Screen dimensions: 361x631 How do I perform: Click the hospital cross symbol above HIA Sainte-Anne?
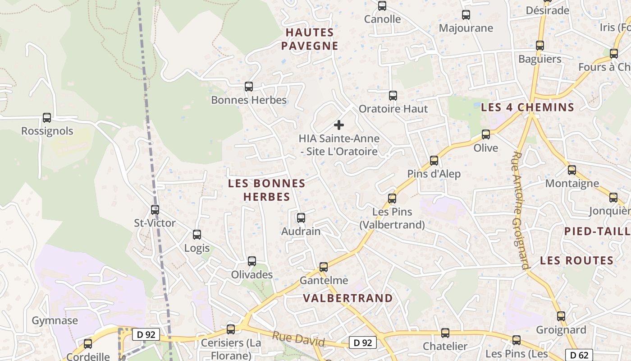click(x=339, y=125)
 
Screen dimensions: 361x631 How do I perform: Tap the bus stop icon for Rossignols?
click(x=47, y=118)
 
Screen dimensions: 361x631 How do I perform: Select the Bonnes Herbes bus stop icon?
click(x=248, y=87)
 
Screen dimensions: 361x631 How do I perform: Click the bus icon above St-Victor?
click(x=155, y=209)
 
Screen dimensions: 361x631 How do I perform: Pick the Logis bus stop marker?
click(x=197, y=235)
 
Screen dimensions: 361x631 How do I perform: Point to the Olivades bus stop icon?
click(x=252, y=261)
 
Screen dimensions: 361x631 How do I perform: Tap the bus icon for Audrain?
click(x=301, y=218)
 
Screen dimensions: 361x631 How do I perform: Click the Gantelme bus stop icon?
click(x=324, y=267)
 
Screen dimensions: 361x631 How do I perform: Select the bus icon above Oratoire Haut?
click(x=393, y=96)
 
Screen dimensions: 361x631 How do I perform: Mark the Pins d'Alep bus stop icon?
click(x=434, y=161)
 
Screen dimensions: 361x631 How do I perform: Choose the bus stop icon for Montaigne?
click(x=572, y=170)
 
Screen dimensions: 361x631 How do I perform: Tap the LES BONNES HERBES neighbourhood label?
click(x=267, y=190)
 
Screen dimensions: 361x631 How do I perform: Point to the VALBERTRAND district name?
click(x=348, y=298)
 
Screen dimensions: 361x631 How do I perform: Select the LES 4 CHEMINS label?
click(x=528, y=107)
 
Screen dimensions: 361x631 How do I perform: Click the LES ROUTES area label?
click(x=577, y=261)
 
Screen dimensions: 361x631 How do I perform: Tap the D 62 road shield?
click(x=579, y=355)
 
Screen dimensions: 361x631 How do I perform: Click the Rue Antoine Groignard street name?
click(x=520, y=210)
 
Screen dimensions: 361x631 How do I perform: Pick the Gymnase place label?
click(x=55, y=321)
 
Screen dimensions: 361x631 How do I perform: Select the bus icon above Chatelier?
click(x=445, y=333)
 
